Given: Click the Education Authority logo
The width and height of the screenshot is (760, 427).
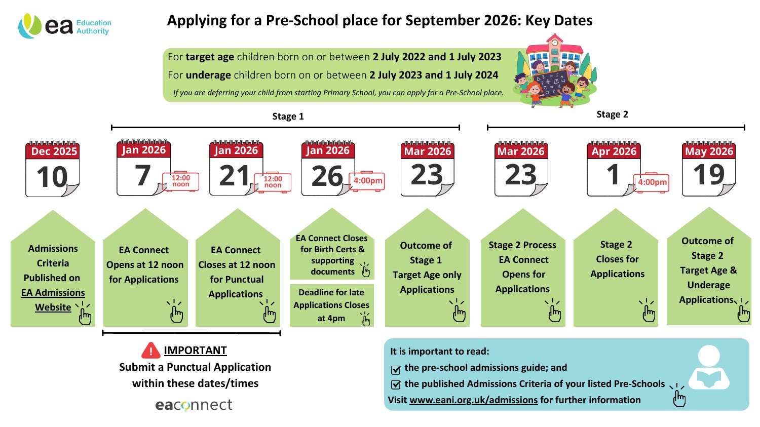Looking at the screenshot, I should [x=64, y=26].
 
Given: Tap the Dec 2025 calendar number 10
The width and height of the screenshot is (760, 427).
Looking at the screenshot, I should [x=52, y=177].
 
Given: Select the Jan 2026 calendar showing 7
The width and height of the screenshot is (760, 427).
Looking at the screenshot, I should [x=143, y=169].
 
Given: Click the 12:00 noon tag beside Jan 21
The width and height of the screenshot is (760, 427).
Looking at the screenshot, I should [x=273, y=182].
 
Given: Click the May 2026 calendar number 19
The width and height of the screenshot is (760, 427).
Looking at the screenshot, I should [x=708, y=175].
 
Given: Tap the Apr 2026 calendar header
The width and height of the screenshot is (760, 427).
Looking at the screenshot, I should [x=614, y=151].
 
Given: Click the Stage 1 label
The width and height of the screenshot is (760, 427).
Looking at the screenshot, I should [x=288, y=117].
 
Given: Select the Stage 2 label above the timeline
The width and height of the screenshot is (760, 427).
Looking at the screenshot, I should [x=612, y=114].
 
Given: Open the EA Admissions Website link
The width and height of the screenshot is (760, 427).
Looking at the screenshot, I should [x=53, y=300].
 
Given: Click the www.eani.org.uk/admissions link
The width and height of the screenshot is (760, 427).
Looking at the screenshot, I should [x=473, y=400].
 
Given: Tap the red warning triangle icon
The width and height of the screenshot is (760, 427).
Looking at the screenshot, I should [x=150, y=351].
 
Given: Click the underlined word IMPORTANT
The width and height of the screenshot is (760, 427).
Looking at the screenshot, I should [x=195, y=351].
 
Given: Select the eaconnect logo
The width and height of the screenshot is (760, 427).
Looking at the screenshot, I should [x=194, y=405].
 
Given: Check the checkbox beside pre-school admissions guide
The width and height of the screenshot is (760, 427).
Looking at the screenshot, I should [x=396, y=369].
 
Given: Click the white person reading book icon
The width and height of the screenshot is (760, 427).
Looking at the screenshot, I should [x=709, y=368].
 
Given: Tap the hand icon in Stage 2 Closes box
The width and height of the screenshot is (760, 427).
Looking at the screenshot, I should [x=649, y=312].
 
